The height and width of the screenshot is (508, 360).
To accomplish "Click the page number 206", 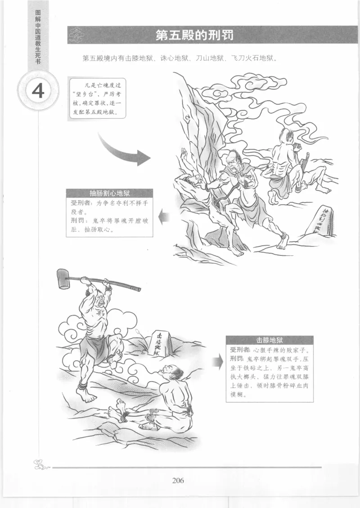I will point(178,480).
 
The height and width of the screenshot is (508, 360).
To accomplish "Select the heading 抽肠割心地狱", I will point(109,194).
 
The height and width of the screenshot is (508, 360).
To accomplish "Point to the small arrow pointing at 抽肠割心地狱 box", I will point(164,217).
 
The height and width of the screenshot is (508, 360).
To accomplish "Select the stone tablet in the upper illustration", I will point(320,221).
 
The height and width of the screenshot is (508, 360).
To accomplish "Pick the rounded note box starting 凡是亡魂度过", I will point(97,98).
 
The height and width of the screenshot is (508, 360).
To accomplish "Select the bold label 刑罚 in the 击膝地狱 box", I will point(237,358).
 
